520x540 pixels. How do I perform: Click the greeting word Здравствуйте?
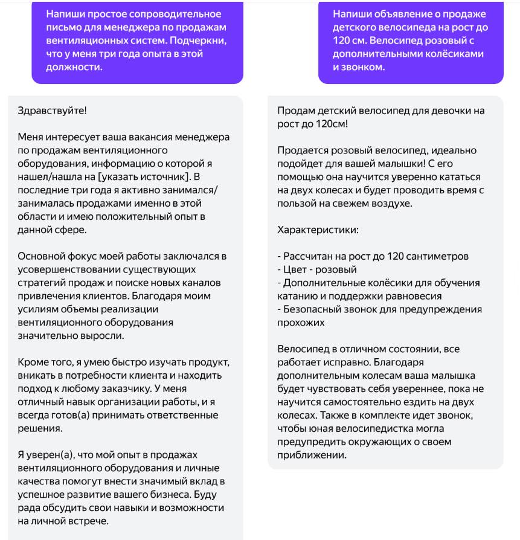52,111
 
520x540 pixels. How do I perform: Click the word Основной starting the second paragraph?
41,256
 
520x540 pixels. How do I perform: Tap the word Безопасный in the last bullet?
314,309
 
